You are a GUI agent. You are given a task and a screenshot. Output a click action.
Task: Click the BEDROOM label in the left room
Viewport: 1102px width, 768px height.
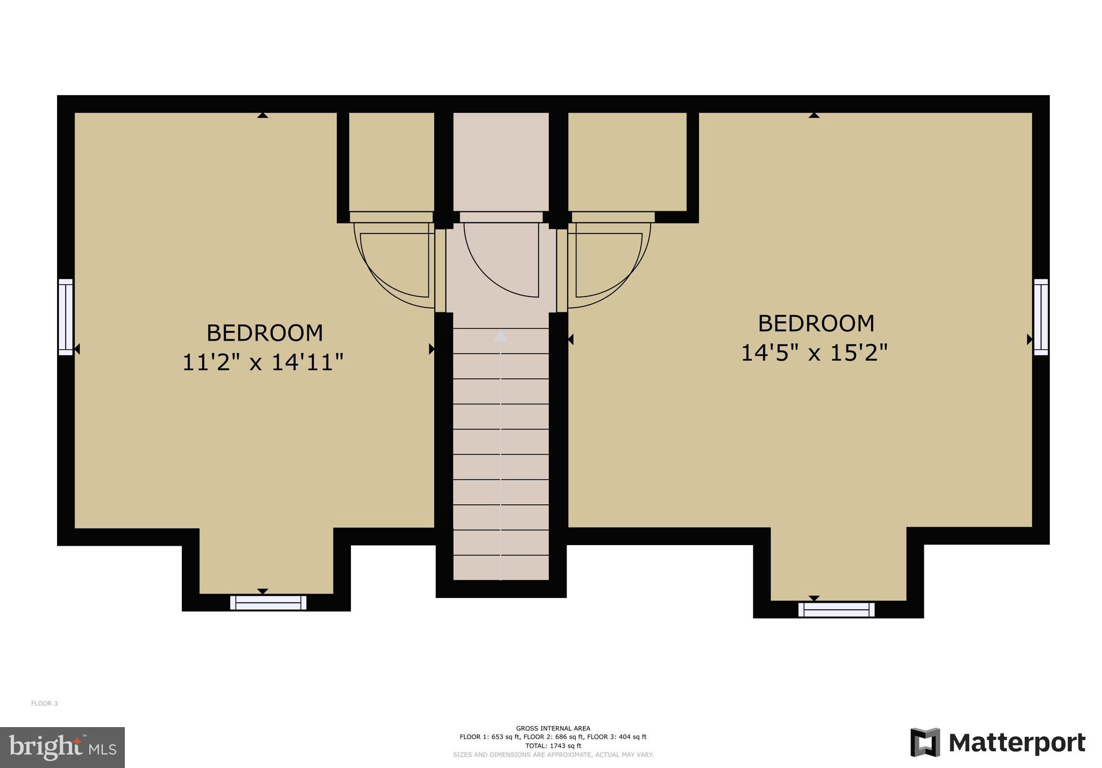click(x=265, y=333)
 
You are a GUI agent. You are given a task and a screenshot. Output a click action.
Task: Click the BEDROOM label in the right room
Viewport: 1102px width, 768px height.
click(x=816, y=323)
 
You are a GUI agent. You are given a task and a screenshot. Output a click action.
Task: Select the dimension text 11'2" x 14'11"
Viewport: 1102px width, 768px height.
click(x=263, y=362)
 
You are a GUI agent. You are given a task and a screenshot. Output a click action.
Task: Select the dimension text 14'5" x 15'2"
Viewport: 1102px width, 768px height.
click(x=814, y=353)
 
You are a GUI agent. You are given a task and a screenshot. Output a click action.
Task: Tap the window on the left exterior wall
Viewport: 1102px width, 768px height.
click(x=66, y=317)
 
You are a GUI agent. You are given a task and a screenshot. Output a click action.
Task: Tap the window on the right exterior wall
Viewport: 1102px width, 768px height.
click(x=1041, y=317)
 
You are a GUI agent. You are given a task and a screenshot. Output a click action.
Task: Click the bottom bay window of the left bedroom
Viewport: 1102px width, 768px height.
click(x=268, y=603)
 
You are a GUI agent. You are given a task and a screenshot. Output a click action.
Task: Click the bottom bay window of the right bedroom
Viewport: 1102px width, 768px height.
click(x=836, y=610)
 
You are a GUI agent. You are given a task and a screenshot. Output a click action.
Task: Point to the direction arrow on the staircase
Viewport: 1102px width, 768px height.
click(x=500, y=336)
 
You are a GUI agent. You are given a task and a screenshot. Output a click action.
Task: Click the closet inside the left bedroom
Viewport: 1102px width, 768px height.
click(x=391, y=161)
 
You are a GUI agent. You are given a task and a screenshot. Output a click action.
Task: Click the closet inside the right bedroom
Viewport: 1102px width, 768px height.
click(x=627, y=161)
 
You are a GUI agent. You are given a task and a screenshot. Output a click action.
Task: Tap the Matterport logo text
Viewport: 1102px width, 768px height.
click(x=1016, y=743)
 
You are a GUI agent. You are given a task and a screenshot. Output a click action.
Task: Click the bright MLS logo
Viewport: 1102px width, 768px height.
click(x=62, y=747)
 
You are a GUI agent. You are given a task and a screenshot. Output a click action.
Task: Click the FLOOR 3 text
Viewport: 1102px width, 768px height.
click(x=44, y=703)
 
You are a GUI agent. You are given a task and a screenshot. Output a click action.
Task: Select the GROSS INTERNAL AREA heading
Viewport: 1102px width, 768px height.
click(x=553, y=728)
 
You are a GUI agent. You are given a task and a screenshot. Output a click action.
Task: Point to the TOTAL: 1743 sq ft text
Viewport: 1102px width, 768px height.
click(x=553, y=746)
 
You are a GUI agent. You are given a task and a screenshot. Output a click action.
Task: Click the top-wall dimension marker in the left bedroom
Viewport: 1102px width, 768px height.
click(x=262, y=115)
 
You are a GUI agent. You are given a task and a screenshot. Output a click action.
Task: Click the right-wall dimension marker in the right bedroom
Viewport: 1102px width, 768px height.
click(x=1029, y=339)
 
